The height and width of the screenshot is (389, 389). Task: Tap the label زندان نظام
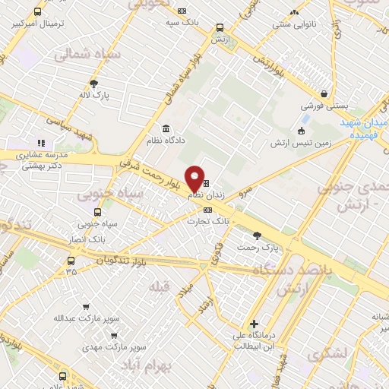[206, 195]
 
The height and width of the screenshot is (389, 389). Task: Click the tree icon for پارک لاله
[93, 84]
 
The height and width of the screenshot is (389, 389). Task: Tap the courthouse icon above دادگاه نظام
[166, 128]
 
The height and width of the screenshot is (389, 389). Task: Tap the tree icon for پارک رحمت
[257, 235]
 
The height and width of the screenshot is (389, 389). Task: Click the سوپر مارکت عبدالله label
[113, 318]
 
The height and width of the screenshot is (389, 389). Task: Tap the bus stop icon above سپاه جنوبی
[97, 212]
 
